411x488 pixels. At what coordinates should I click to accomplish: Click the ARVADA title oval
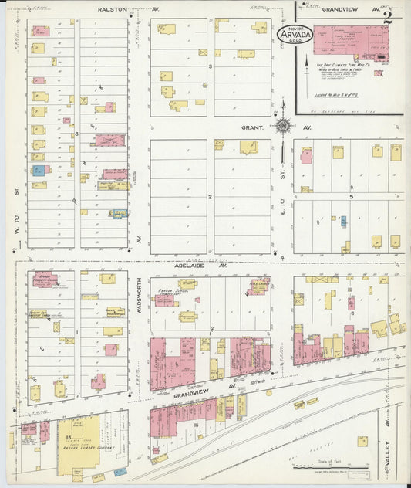(294, 36)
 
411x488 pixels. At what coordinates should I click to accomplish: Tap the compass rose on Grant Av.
(284, 126)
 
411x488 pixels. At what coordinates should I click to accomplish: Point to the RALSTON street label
(113, 10)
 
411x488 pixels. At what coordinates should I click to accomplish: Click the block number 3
(210, 67)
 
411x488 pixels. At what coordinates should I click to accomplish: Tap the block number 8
(77, 134)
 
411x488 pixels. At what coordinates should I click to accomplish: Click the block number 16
(197, 425)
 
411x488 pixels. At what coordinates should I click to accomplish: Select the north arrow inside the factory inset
(307, 63)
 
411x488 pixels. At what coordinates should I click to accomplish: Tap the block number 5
(351, 197)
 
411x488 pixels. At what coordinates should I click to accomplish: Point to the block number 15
(69, 437)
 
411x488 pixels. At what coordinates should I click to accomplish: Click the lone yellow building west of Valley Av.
(362, 442)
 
